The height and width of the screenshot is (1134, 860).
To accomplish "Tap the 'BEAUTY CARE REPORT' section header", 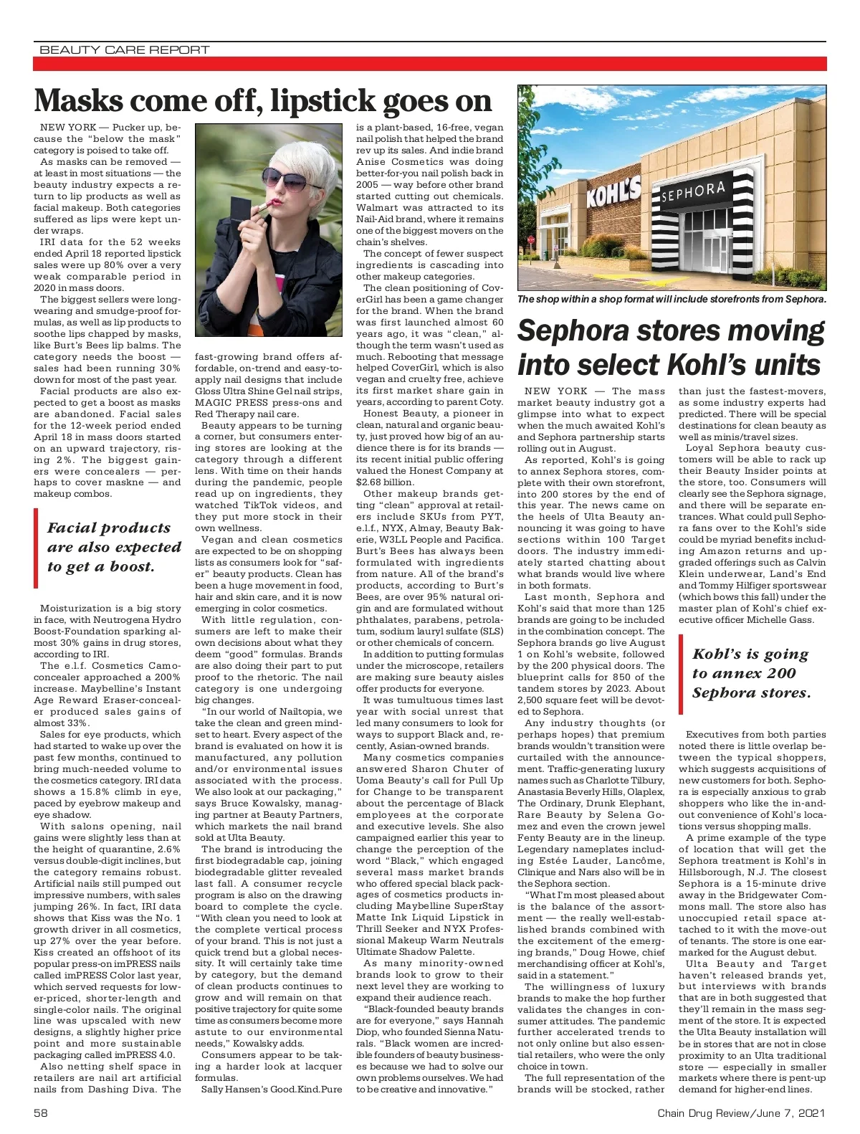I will click(124, 49).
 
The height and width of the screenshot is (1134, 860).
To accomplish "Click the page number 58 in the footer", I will click(40, 1113).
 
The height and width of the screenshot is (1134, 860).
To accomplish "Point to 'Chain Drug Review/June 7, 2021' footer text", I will click(741, 1113).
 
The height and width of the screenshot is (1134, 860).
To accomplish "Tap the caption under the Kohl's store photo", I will click(671, 299).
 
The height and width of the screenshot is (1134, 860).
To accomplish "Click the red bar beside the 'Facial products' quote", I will click(36, 547).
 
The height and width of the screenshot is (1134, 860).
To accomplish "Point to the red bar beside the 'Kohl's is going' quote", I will click(681, 674).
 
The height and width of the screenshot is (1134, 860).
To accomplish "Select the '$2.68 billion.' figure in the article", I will click(389, 482).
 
